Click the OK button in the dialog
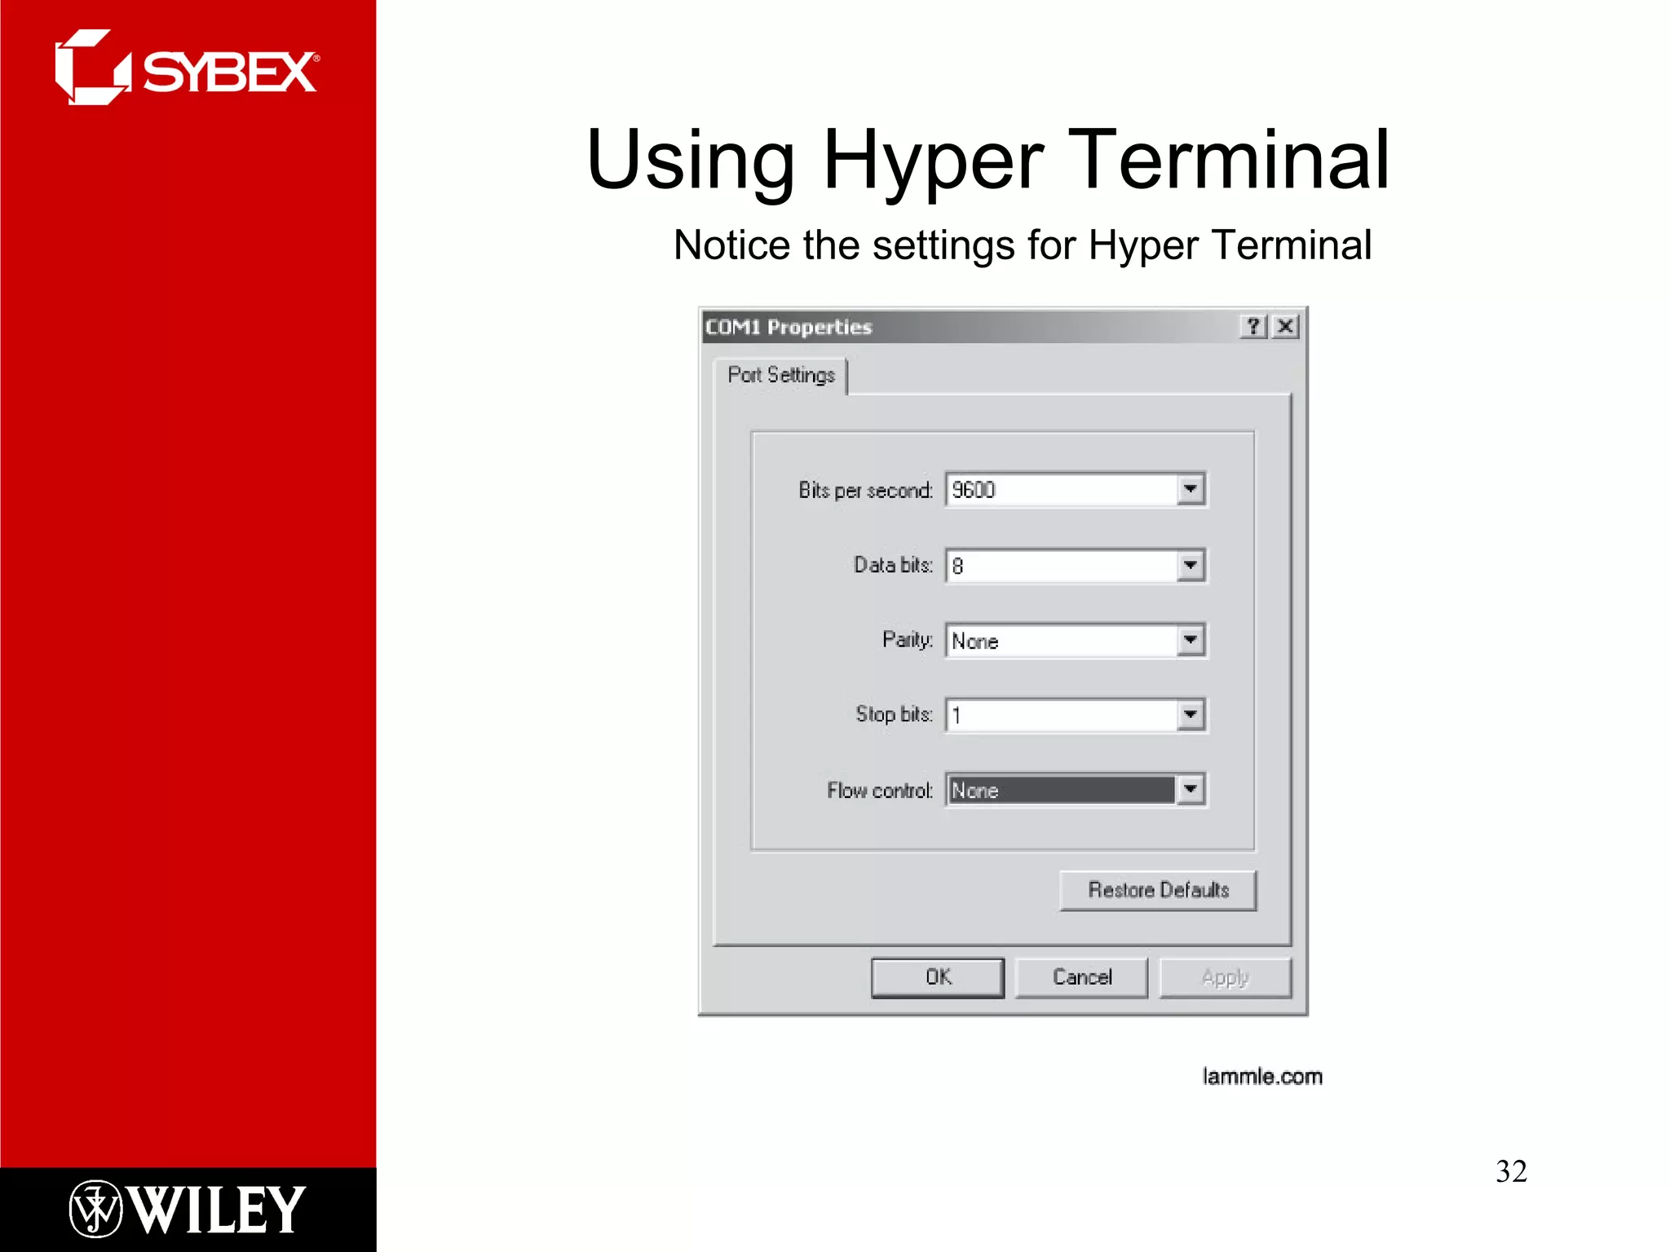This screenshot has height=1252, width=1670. (x=938, y=977)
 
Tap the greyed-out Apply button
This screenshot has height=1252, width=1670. (x=1225, y=977)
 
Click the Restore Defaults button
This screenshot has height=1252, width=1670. (x=1158, y=890)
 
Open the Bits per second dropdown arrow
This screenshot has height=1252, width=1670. (x=1191, y=489)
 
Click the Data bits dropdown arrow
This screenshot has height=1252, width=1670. (x=1191, y=565)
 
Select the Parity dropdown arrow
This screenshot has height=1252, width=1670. (x=1191, y=640)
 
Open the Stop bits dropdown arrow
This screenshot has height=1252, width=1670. (x=1191, y=715)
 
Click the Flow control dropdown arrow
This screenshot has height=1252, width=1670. (x=1191, y=789)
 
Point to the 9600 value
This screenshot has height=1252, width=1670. (x=974, y=490)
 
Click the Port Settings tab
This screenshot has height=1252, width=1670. (x=781, y=375)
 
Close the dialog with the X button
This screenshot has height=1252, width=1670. (x=1286, y=327)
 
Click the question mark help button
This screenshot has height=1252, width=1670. (x=1254, y=327)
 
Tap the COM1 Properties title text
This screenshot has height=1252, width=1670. (x=789, y=328)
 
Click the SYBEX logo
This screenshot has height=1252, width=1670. (x=188, y=69)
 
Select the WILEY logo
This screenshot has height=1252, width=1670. (x=188, y=1210)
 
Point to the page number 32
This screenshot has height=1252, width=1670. (x=1511, y=1171)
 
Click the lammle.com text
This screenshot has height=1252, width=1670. (x=1262, y=1077)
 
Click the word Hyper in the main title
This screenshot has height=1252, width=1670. (x=933, y=161)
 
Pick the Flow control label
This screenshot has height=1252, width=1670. (x=879, y=791)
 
